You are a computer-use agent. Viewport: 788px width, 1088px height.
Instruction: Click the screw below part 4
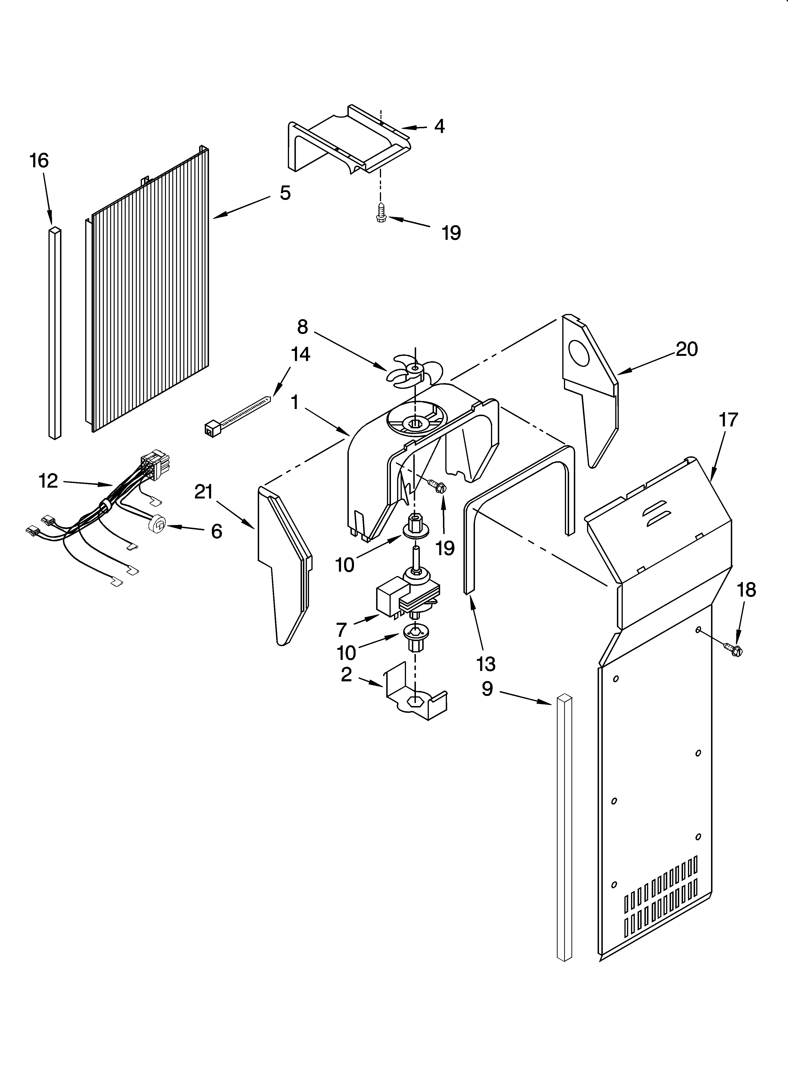[382, 212]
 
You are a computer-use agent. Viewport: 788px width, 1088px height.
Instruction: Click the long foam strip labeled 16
[55, 333]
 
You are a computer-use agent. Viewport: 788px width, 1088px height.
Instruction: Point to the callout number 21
[204, 492]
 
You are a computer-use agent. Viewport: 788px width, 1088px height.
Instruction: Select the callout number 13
[486, 664]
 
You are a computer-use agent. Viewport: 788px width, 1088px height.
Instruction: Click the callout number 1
[295, 402]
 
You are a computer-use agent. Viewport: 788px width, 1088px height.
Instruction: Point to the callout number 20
[686, 349]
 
